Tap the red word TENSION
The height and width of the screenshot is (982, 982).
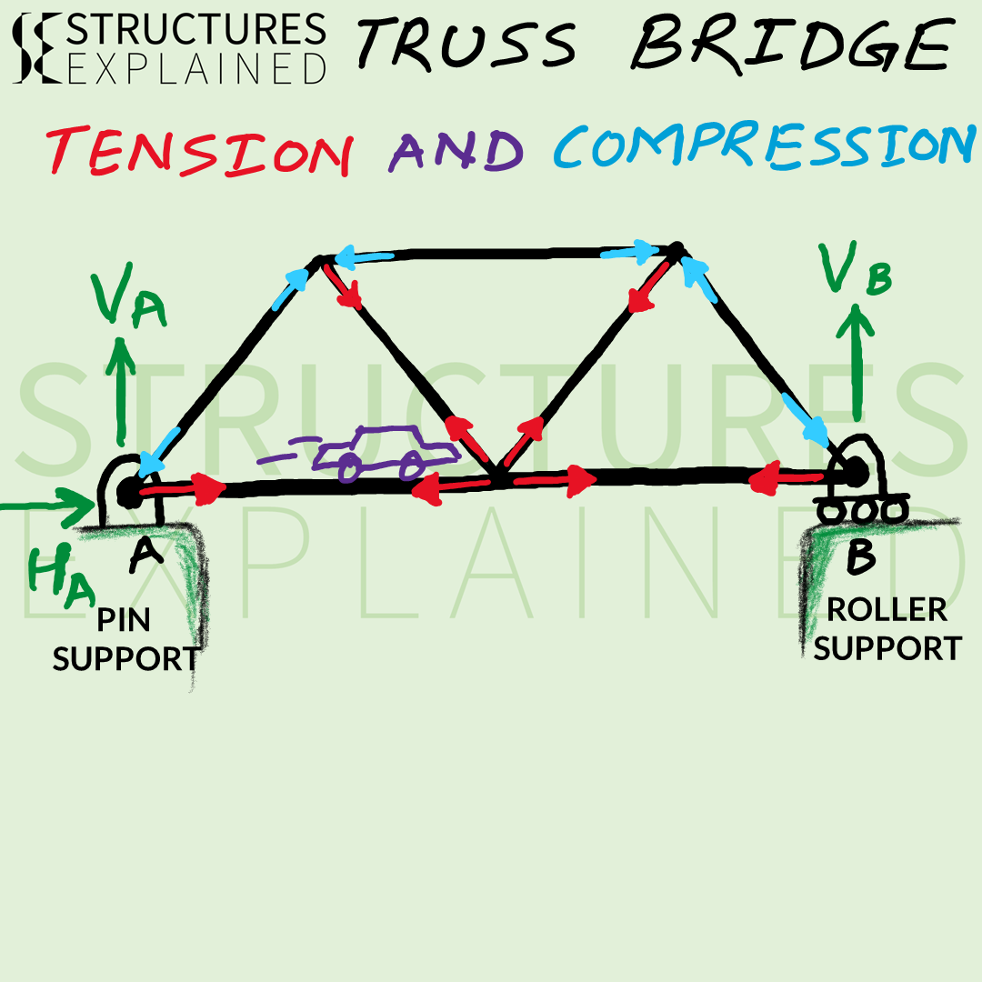[x=199, y=151]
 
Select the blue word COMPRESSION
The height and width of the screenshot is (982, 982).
[x=765, y=145]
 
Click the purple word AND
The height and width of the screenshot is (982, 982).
[x=456, y=151]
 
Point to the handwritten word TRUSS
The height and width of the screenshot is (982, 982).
[x=466, y=43]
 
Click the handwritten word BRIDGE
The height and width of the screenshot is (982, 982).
[x=793, y=43]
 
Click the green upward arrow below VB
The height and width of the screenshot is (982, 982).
[x=856, y=362]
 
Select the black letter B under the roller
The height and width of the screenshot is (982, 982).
[x=860, y=556]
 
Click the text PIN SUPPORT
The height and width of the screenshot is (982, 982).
[x=125, y=640]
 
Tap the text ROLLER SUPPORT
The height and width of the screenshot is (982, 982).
[x=887, y=629]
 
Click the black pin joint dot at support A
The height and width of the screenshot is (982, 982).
[x=129, y=492]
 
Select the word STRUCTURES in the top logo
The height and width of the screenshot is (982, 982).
[x=195, y=29]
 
